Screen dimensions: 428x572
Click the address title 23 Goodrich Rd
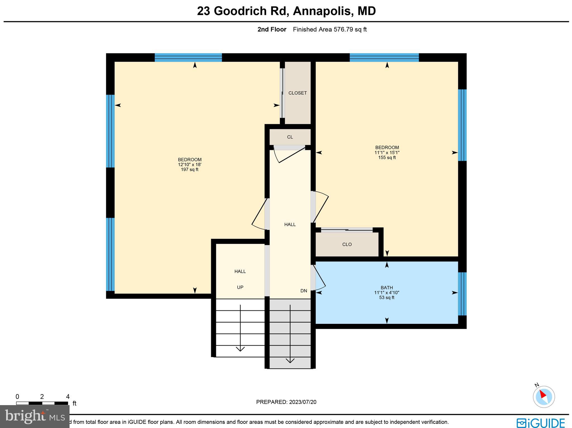point(286,11)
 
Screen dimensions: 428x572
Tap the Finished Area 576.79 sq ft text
point(330,30)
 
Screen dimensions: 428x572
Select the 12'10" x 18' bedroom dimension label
point(190,165)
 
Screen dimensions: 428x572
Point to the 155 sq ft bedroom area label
point(387,157)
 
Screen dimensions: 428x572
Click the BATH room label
point(387,288)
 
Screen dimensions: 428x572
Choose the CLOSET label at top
point(297,93)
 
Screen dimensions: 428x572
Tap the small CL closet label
point(290,137)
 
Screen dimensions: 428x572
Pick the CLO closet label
point(347,245)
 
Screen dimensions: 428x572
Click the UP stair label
point(240,287)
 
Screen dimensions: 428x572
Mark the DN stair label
point(304,291)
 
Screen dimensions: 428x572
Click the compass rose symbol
point(544,397)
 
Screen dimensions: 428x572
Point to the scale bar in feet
point(42,403)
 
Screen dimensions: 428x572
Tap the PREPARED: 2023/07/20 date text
point(286,402)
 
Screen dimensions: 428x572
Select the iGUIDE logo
point(541,422)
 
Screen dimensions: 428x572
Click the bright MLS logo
point(35,417)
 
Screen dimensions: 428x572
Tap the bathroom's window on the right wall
point(462,294)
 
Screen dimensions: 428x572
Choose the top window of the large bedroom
point(188,58)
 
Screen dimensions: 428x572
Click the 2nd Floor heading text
point(272,30)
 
